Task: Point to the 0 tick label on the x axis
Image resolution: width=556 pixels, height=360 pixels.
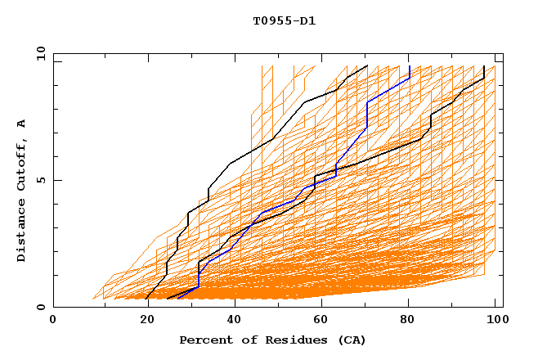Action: [53, 320]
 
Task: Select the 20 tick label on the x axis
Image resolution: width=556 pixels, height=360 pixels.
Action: [142, 320]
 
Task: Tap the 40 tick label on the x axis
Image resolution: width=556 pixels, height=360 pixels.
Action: [231, 320]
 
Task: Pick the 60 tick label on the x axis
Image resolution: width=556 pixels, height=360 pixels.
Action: [321, 320]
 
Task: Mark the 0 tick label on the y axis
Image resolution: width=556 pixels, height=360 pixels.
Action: [41, 307]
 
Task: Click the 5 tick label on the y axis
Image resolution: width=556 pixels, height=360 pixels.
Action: [41, 180]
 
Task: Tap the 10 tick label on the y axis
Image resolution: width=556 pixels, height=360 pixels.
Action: [38, 53]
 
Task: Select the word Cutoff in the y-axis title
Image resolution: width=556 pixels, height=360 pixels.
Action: [21, 167]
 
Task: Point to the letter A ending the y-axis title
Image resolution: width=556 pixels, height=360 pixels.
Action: [21, 124]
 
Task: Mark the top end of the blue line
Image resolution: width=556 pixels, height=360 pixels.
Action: [409, 66]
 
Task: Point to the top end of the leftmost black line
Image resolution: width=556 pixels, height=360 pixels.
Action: [367, 66]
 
